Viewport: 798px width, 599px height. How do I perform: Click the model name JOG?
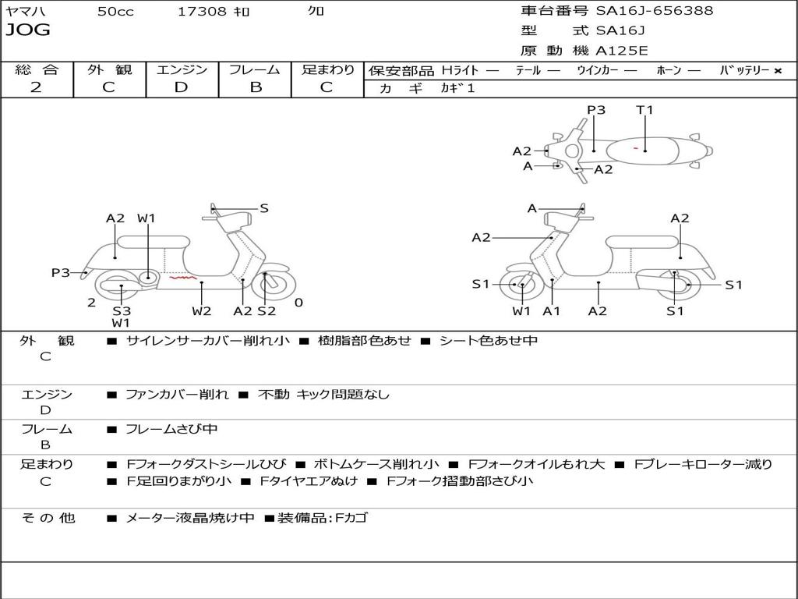click(28, 30)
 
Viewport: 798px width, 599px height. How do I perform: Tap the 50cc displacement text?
click(115, 12)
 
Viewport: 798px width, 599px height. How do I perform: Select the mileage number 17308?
click(203, 12)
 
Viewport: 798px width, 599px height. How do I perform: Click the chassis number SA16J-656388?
click(655, 11)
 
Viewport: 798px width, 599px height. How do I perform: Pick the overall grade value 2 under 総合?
click(36, 87)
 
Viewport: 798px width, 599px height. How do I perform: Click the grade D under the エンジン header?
click(182, 87)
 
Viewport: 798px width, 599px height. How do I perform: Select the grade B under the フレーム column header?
click(255, 87)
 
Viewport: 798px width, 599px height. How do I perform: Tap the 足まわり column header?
click(327, 69)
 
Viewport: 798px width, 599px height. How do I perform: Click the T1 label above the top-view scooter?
click(644, 110)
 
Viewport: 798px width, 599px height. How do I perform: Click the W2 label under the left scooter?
click(202, 310)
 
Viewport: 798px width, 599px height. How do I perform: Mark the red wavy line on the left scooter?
click(184, 276)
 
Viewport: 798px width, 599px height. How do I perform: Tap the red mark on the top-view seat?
click(637, 147)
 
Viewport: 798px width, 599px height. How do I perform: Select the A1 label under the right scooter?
click(552, 311)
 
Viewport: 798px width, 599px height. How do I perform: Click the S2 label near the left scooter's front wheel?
click(267, 310)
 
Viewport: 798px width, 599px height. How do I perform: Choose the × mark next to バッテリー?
click(777, 71)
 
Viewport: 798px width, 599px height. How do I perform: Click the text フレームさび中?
click(171, 429)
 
